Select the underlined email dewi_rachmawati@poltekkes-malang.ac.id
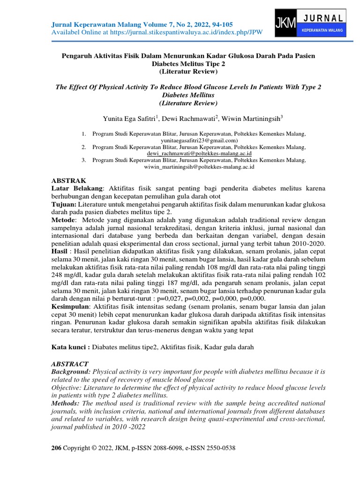tap(199, 153)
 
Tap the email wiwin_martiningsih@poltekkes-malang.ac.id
tap(199, 166)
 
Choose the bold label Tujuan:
tap(64, 205)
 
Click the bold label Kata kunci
tap(70, 347)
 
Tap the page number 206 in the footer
tap(56, 448)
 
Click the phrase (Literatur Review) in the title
tap(188, 72)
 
